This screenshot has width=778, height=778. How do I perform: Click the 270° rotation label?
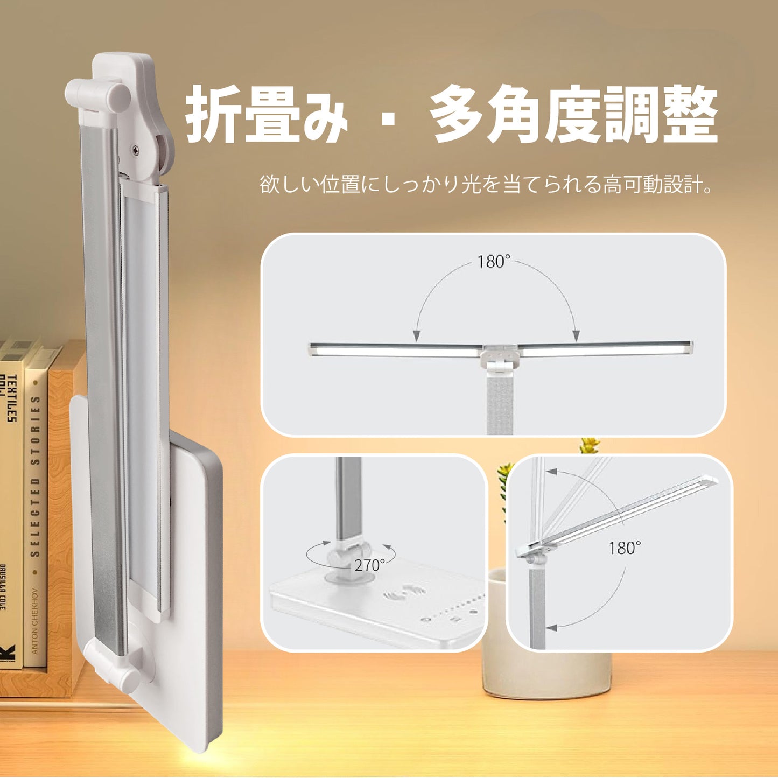point(369,565)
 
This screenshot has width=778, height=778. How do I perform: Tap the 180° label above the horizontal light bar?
point(493,262)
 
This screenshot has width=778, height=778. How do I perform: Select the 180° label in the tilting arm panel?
point(625,548)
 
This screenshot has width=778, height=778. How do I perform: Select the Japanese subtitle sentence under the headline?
point(487,185)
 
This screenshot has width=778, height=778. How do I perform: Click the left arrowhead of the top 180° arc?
point(416,337)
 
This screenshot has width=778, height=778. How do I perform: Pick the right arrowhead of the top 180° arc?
point(576,337)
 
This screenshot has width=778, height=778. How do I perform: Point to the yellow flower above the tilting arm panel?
point(589,445)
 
